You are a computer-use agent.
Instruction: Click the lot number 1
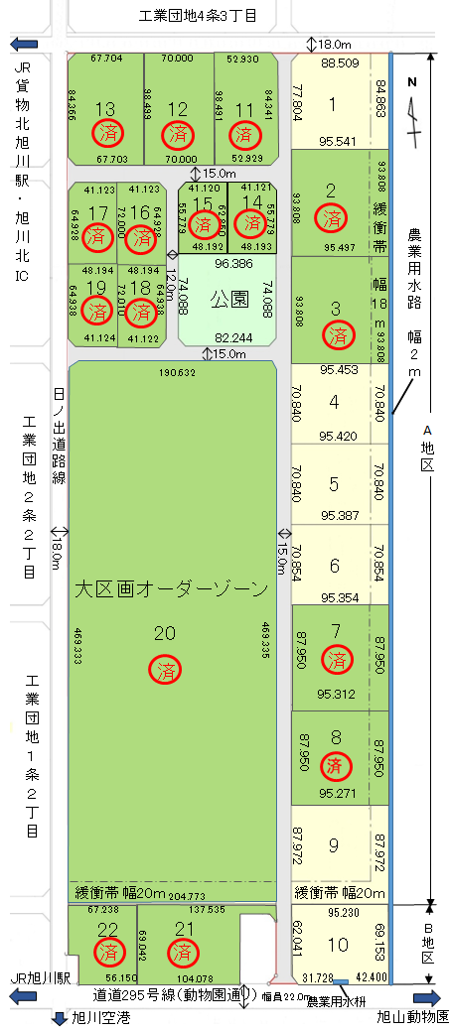332,103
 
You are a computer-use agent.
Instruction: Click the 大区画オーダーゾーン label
172,589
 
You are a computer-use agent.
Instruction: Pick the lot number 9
334,845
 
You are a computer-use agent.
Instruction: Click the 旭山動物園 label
412,1018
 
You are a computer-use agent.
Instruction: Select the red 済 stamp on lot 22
109,954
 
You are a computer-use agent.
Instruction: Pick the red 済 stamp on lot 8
337,765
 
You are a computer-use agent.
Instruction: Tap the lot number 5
334,484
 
